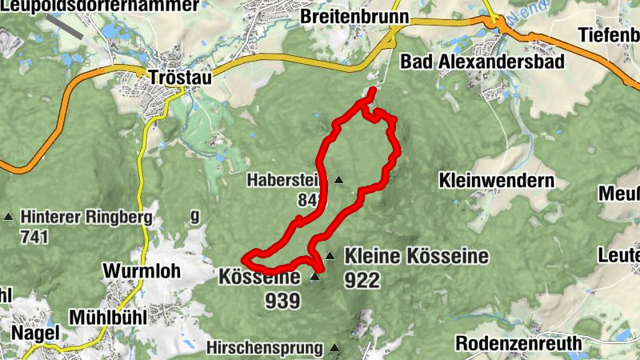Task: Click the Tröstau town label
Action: (x=181, y=78)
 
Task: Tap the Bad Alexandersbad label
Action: (x=482, y=62)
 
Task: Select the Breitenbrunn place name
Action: (x=354, y=16)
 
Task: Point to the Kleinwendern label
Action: (x=496, y=181)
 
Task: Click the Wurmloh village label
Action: (x=142, y=270)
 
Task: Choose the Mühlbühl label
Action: (x=107, y=317)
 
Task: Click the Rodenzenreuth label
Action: (x=518, y=343)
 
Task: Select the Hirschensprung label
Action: (x=263, y=348)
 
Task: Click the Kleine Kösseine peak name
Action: (x=416, y=257)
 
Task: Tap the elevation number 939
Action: (x=283, y=301)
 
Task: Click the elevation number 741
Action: (x=35, y=237)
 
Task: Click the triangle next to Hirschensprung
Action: (x=334, y=348)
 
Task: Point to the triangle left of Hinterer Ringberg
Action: (x=9, y=217)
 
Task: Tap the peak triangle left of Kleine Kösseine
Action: (x=330, y=256)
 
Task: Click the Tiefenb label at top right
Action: (x=610, y=35)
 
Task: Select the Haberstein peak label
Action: (x=286, y=180)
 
